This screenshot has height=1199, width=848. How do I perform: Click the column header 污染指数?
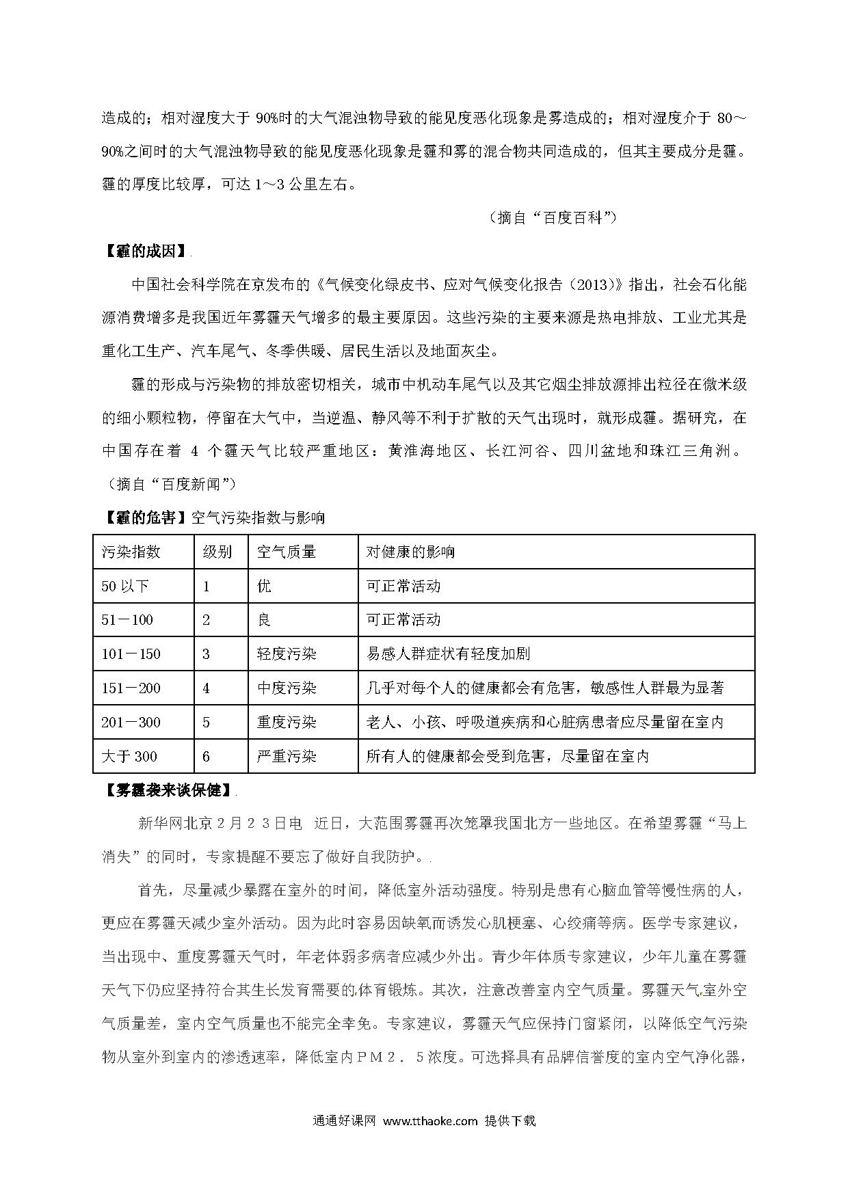[131, 552]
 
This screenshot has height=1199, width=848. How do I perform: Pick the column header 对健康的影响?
[410, 552]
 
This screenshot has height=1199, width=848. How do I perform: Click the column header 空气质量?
[287, 552]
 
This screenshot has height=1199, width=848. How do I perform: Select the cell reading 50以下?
[125, 586]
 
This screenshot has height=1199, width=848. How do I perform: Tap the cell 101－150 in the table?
[131, 654]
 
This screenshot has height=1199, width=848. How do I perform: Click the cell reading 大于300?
[129, 756]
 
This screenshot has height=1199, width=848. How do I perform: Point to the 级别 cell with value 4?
[207, 688]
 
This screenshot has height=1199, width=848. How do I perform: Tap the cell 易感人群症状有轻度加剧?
[448, 654]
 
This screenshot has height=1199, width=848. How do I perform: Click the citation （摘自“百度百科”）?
[553, 217]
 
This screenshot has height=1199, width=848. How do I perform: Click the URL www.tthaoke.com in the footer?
[429, 1121]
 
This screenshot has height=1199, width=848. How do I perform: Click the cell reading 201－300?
[131, 722]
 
